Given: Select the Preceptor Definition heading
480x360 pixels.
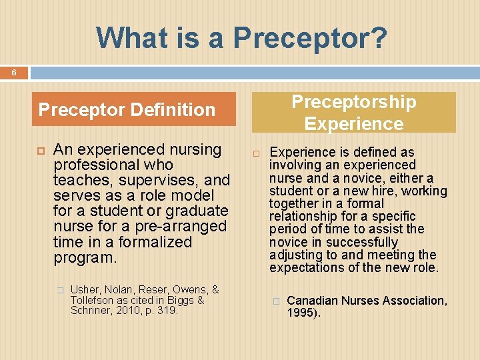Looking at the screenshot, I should point(127,109).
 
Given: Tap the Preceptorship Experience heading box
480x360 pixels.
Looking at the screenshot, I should point(353,113).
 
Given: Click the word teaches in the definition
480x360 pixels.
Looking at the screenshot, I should point(78,180).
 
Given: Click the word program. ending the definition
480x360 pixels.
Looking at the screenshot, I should point(85,257).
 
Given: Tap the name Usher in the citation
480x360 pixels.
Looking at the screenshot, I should point(83,289).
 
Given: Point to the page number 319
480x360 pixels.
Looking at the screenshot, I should point(167,310).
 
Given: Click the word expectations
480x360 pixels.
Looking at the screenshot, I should point(303,268).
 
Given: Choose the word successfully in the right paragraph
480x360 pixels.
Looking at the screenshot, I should point(366,242).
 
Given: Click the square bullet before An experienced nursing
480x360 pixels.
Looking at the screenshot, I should point(38,150).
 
